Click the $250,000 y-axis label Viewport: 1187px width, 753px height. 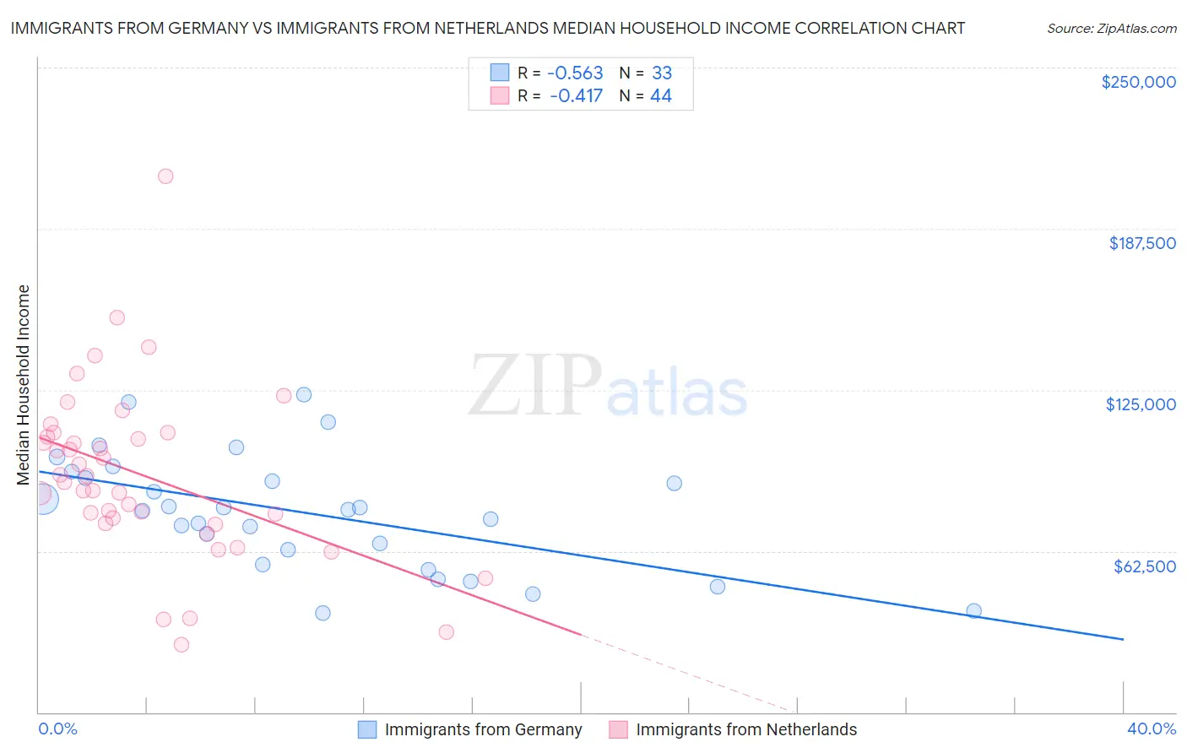pos(1138,82)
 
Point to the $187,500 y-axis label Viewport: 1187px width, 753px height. pos(1141,243)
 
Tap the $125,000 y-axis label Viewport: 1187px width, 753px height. pos(1141,404)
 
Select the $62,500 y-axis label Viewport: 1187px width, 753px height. pos(1144,566)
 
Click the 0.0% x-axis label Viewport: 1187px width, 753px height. pos(57,729)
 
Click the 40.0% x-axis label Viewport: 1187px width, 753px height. pos(1152,729)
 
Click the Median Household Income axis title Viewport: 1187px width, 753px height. pos(23,385)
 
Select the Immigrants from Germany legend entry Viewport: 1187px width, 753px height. pos(483,729)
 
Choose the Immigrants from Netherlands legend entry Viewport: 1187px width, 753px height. pos(745,729)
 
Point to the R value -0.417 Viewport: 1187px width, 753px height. pos(576,96)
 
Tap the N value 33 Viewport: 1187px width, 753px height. pos(661,73)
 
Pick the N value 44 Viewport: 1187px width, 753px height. pos(660,96)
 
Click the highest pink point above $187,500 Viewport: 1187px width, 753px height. pos(165,176)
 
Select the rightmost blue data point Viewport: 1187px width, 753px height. pos(973,610)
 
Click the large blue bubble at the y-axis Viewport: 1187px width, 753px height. pos(42,499)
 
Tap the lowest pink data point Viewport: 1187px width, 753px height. pos(181,644)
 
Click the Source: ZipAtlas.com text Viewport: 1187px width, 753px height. pos(1111,29)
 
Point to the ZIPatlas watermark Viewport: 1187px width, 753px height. pos(608,387)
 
